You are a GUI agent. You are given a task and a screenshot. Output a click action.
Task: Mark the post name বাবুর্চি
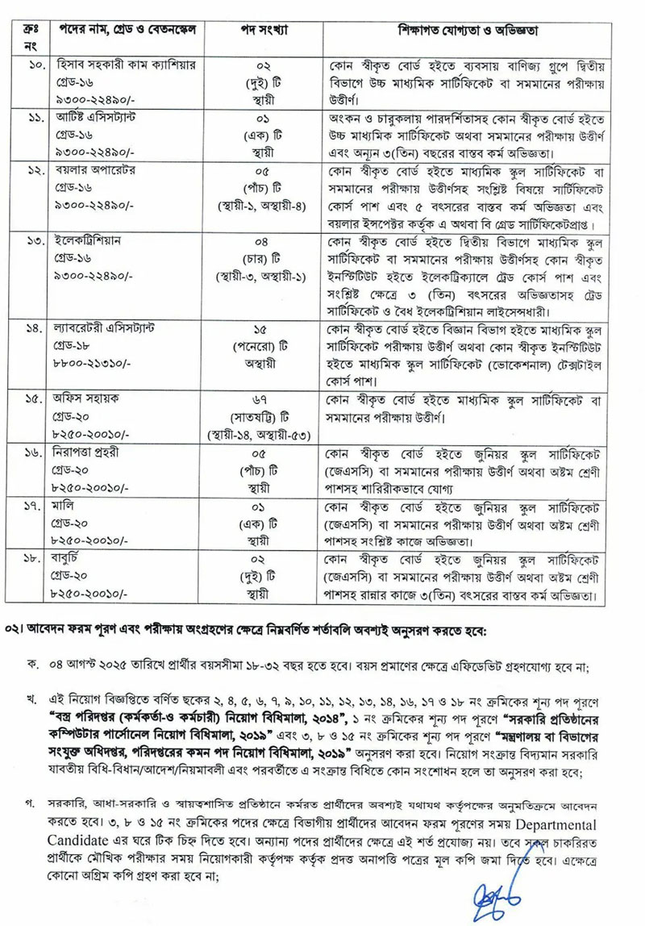(69, 559)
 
